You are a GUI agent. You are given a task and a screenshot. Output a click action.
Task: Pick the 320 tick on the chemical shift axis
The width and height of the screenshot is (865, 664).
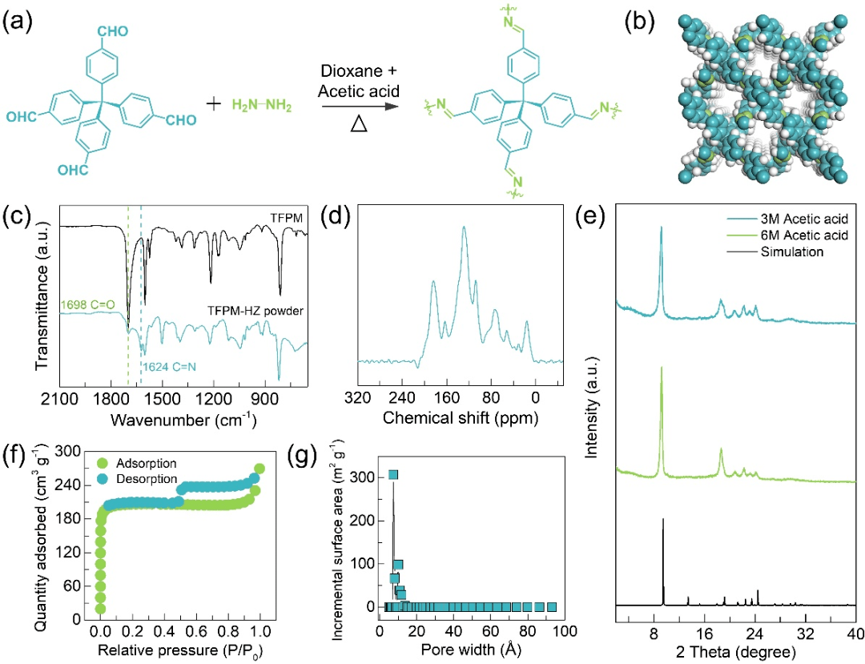(x=358, y=398)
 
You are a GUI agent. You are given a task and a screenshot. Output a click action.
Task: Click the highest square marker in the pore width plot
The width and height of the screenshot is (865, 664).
(x=392, y=475)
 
